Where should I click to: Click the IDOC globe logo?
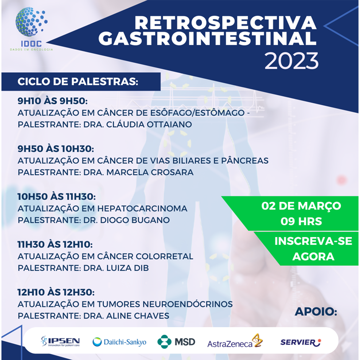pos(31,29)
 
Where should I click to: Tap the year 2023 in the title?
pos(291,61)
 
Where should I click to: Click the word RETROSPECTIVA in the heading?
pos(226,23)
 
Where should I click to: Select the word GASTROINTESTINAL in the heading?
pos(208,39)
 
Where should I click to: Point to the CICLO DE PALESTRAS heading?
pos(78,81)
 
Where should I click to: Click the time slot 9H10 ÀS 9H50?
pos(52,101)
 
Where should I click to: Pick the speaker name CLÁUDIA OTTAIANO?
pos(149,124)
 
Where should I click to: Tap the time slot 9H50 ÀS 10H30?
pos(56,149)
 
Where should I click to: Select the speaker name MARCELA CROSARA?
pos(150,172)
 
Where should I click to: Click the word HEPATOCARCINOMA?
pos(142,209)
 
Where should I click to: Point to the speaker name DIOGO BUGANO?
pos(135,220)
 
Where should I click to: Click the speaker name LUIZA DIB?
pos(128,268)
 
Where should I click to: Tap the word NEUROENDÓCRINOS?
pos(188,304)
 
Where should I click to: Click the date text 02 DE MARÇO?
pos(301,206)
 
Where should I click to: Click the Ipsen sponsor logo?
pos(60,341)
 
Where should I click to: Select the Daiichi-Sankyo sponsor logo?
pos(120,342)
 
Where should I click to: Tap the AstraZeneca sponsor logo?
pos(235,341)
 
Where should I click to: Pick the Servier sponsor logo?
pos(301,342)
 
